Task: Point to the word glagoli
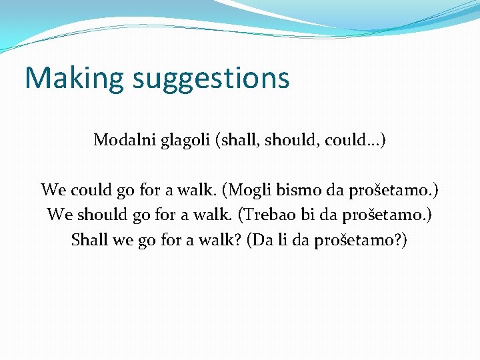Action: [x=179, y=141]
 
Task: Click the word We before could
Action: [x=52, y=190]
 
